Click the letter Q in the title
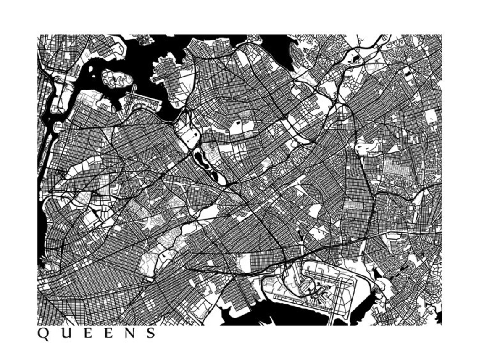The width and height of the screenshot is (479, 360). click(x=43, y=334)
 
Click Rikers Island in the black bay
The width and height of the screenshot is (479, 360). click(x=116, y=78)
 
